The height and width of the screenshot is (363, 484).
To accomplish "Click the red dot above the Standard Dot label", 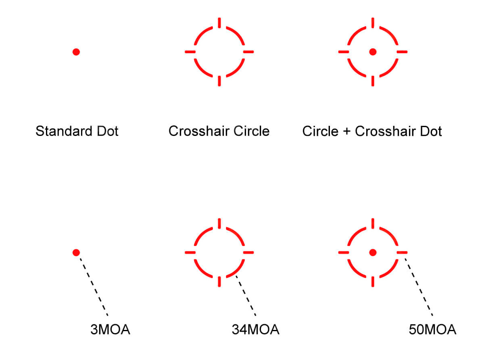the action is point(76,52).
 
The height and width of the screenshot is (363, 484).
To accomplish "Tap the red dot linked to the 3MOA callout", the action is point(76,252).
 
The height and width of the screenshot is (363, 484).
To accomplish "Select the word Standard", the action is point(64,131).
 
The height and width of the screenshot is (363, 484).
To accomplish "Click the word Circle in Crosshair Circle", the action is point(251,131).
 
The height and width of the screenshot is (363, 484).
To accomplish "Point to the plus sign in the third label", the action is point(346,131).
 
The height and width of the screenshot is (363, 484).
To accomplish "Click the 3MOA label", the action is point(110,330).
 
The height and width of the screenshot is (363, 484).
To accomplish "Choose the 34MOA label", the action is point(255,330).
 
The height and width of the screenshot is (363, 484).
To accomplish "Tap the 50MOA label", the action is point(432,330).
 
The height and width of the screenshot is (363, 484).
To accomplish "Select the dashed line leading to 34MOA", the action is point(246,296).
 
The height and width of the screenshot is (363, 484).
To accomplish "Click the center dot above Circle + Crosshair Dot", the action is point(373,52).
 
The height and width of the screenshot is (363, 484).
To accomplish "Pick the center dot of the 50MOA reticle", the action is point(373,252).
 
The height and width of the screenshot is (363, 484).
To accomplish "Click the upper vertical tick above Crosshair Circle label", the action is point(219,23).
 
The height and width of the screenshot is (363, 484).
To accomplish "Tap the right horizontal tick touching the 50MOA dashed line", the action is point(402,252).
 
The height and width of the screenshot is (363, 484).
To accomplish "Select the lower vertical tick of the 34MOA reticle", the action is point(219,282).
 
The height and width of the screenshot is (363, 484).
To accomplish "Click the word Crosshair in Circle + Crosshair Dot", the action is point(385,131).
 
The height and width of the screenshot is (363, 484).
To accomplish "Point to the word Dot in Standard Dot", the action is point(108,131).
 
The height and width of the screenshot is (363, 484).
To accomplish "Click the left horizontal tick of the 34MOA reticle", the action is point(190,252).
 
